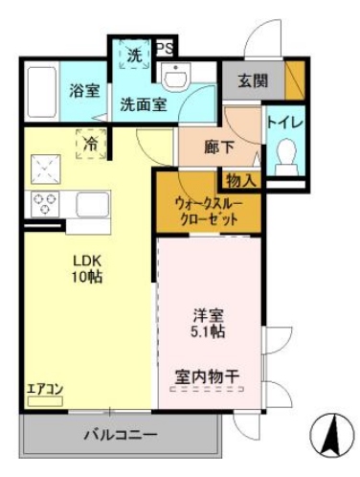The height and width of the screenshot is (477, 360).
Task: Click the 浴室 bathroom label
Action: [84, 92]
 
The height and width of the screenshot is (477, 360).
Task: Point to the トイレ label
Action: [283, 123]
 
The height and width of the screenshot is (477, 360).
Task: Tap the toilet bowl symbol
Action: [284, 155]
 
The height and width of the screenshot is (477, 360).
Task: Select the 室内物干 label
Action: [207, 375]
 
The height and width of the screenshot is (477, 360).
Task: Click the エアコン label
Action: [45, 388]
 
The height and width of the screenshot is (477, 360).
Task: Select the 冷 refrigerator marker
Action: [89, 145]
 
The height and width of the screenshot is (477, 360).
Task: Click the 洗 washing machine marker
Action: [134, 56]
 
